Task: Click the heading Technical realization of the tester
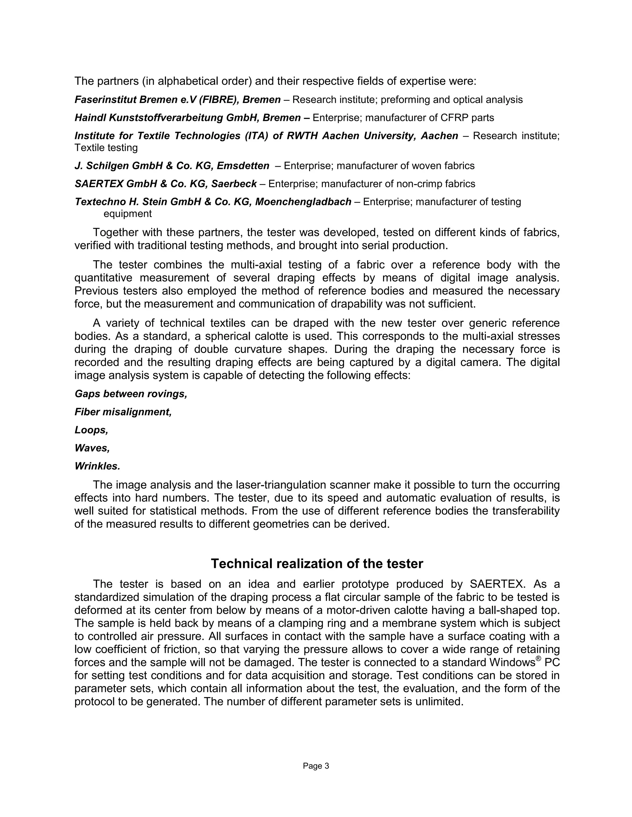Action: pos(317,564)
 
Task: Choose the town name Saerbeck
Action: pos(234,184)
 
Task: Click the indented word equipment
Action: pos(127,214)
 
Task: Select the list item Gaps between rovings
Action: pos(131,394)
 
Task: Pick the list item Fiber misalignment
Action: pos(123,412)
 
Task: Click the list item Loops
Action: pos(91,430)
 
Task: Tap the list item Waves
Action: pos(92,448)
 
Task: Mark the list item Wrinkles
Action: pos(97,466)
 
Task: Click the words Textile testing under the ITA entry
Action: pos(106,148)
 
